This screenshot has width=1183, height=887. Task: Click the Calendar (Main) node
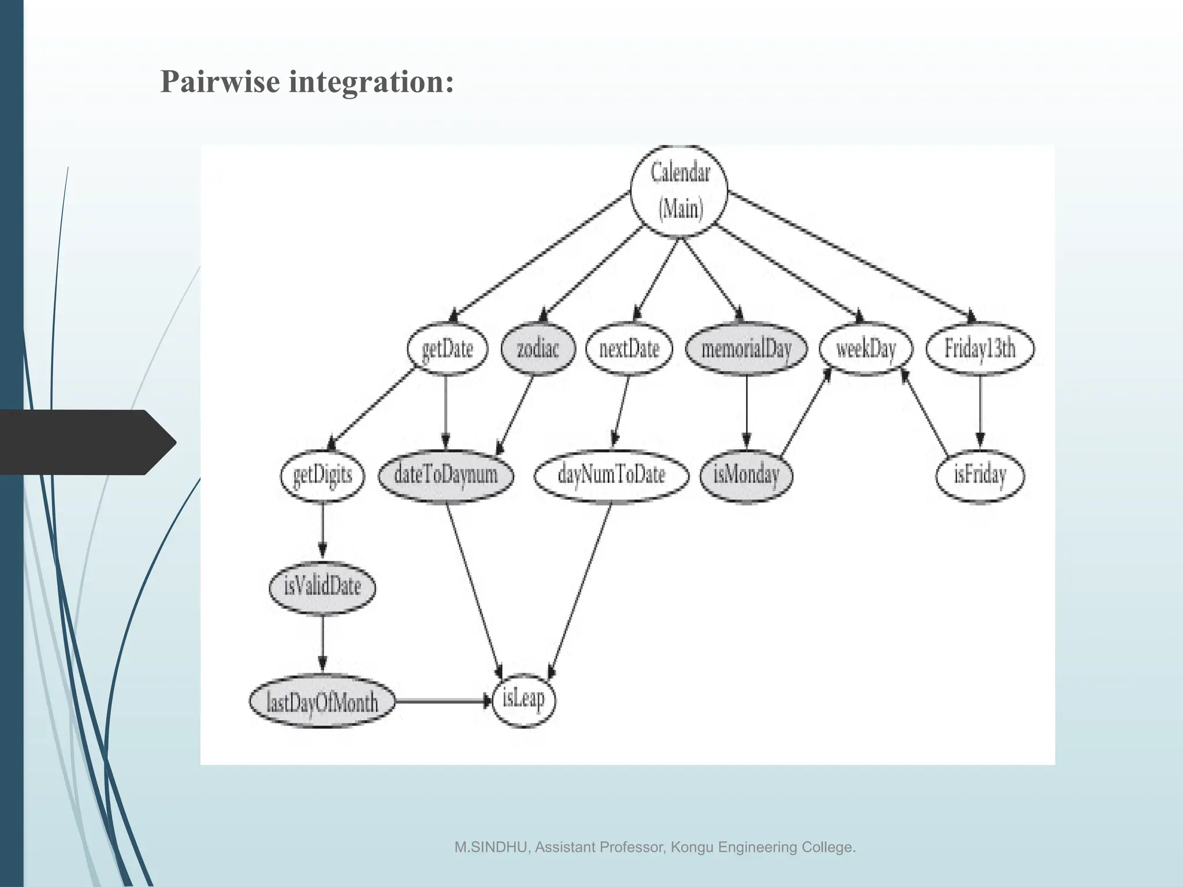tap(679, 191)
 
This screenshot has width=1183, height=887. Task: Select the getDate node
tap(447, 349)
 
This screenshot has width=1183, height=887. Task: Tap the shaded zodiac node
tap(538, 349)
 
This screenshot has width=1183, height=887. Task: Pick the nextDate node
tap(629, 349)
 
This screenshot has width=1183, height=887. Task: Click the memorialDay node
tap(746, 349)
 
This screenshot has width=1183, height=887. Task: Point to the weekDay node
tap(866, 349)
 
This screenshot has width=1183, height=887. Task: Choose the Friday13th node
tap(980, 349)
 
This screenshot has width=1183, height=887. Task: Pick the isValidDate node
tap(322, 587)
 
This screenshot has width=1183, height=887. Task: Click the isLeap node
tap(523, 700)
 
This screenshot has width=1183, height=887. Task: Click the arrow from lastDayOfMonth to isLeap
tap(442, 701)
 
